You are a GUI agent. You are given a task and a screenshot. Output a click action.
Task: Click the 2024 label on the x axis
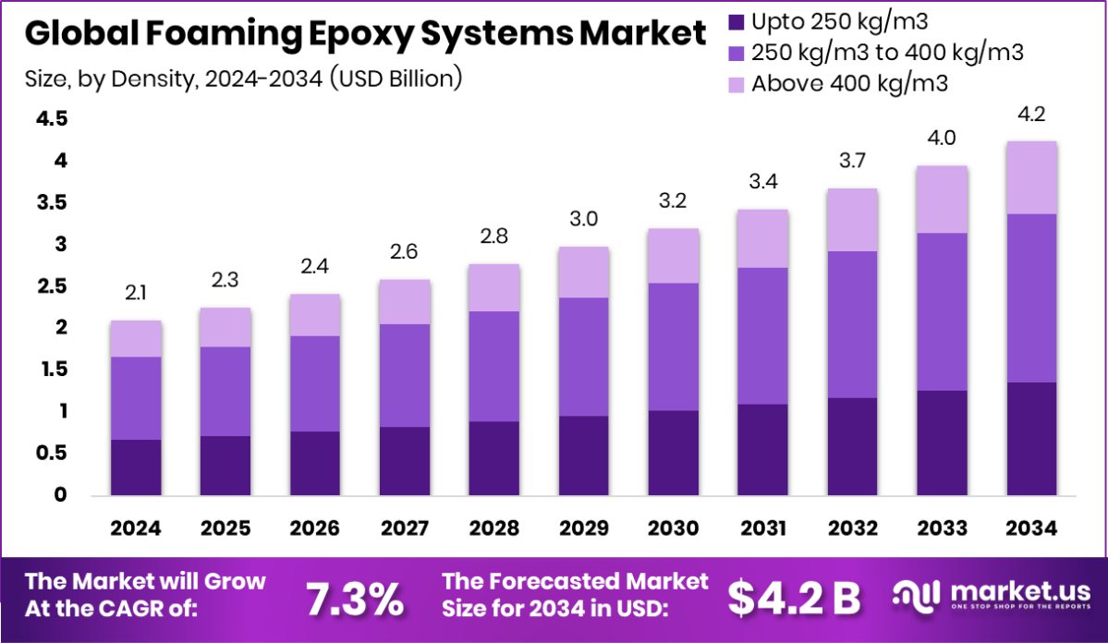point(136,528)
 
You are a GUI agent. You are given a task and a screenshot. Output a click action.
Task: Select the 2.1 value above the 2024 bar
point(136,294)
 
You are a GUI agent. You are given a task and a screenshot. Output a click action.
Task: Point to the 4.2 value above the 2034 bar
point(1029,115)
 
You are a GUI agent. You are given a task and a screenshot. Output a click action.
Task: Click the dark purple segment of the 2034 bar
point(1029,439)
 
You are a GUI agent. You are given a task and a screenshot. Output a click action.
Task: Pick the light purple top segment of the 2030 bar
point(673,256)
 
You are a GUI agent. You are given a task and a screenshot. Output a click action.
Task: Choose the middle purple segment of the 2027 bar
point(405,375)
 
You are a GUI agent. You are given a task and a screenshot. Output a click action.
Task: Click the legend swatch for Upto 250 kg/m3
point(737,20)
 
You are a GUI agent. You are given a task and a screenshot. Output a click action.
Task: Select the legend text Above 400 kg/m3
point(851,83)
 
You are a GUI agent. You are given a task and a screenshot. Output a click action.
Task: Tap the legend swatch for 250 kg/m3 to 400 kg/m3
point(737,52)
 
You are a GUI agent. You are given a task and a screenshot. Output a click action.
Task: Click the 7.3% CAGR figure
point(355,599)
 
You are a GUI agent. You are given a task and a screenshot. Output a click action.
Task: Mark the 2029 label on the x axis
point(583,528)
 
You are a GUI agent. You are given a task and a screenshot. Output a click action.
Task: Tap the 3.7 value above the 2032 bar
point(851,162)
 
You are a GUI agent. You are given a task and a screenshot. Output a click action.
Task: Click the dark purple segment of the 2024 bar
point(136,467)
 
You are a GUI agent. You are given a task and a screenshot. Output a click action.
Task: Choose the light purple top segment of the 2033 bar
point(941,200)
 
